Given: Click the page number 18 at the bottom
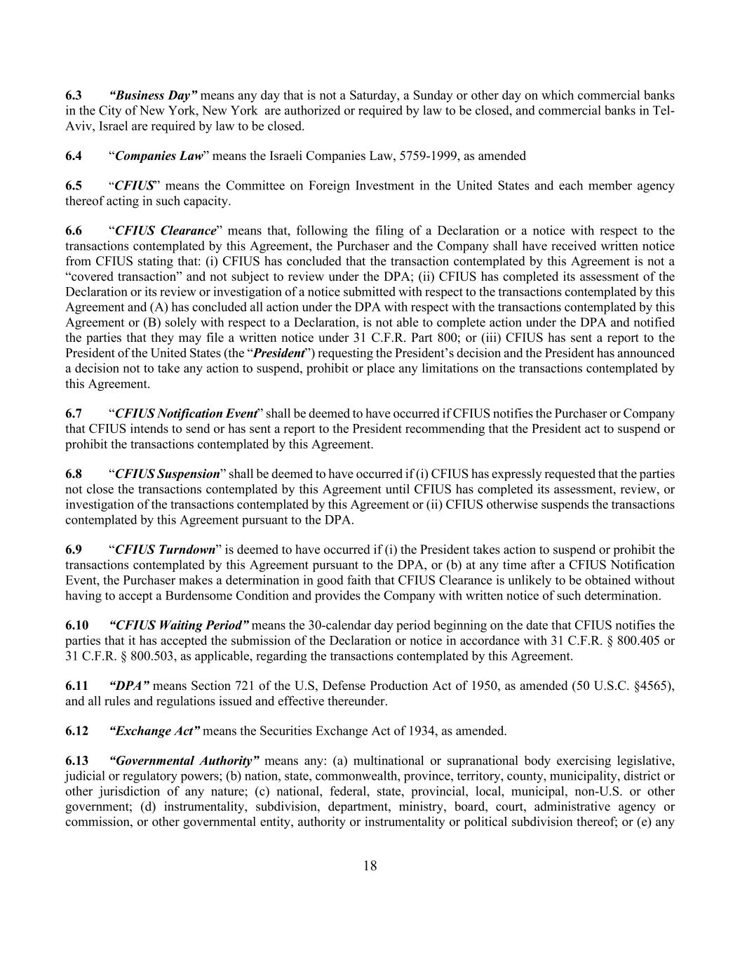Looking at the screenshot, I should coord(370,865).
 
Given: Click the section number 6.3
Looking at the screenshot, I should coord(74,95).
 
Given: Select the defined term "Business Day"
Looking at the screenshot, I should coord(154,95).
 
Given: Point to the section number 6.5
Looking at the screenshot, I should coord(74,186).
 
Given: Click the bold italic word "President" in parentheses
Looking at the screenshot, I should coord(278,353).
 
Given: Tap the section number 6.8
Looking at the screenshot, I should coord(74,474).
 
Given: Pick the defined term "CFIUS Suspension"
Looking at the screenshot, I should coord(167,474).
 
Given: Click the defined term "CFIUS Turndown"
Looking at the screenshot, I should coord(165,550).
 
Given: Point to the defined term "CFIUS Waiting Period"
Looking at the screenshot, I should coord(179,625).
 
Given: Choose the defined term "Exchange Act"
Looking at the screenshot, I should coord(155,731).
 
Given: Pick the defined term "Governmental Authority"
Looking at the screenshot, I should coord(185,761).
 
